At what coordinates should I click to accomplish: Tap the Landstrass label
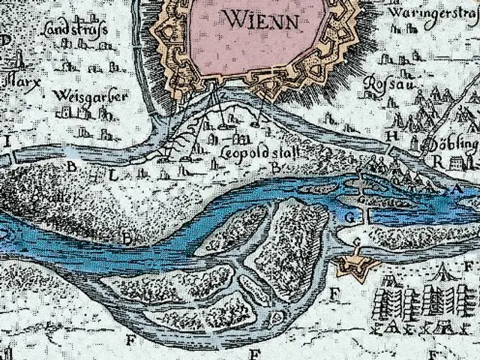click(x=75, y=31)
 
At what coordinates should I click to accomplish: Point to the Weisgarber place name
click(x=91, y=97)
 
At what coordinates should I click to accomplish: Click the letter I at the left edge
click(x=10, y=141)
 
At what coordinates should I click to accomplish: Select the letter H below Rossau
click(x=391, y=136)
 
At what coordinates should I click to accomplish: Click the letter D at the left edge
click(x=6, y=39)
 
